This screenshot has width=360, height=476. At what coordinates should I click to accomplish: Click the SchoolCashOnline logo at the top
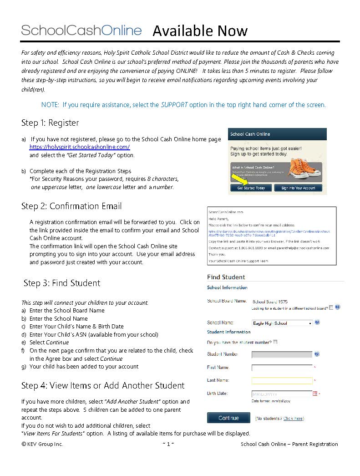(81, 31)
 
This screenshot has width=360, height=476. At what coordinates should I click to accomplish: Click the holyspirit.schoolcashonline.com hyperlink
(80, 147)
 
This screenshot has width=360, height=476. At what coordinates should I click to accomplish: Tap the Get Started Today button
(251, 188)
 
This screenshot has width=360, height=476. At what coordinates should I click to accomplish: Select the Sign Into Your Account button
(298, 188)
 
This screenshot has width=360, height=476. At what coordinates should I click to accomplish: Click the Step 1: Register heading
(50, 123)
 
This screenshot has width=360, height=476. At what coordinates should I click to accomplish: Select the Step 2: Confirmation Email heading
(71, 206)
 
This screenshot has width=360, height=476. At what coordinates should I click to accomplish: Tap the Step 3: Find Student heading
(61, 283)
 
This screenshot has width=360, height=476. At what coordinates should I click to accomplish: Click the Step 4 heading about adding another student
(103, 386)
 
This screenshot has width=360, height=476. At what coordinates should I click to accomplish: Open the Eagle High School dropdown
(282, 323)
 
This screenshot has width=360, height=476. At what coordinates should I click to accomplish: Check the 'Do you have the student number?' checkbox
(275, 342)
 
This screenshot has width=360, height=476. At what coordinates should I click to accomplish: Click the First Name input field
(282, 368)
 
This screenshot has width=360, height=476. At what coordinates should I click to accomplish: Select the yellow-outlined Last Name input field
(282, 380)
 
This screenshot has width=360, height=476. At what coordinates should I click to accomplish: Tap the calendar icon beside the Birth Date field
(314, 394)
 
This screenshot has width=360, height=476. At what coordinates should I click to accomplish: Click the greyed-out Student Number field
(282, 354)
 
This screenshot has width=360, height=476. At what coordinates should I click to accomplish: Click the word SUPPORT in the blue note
(174, 105)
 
